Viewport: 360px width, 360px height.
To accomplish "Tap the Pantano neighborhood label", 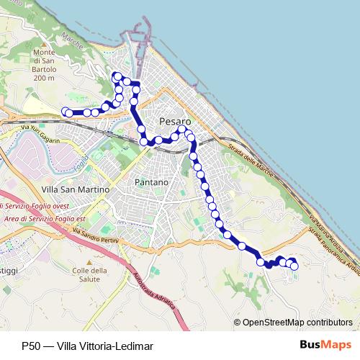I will (151, 183).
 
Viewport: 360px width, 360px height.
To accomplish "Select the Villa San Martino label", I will (75, 189).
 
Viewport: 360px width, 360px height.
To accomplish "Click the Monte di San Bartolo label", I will (43, 65).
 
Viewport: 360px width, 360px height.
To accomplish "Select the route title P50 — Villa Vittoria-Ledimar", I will (86, 346).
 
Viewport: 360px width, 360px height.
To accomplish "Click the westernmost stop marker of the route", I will (66, 112).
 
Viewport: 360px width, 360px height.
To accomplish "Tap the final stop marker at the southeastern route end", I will (294, 266).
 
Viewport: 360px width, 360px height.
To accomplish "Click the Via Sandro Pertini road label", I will (94, 234).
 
